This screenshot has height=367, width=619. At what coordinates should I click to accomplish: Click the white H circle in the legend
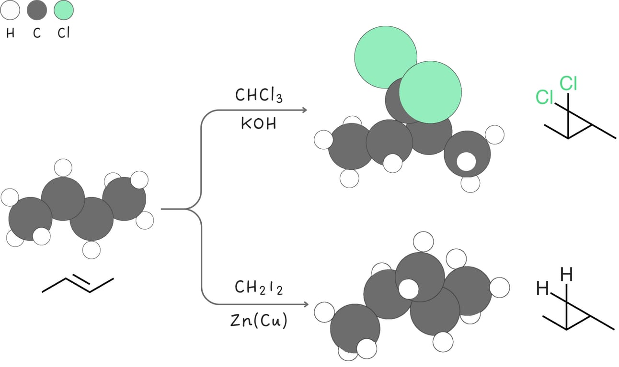point(11,11)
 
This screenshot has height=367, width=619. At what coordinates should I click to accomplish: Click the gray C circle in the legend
point(37,11)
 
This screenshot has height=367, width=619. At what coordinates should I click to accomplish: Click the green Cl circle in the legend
point(64,11)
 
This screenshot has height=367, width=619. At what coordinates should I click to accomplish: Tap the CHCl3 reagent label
point(259,96)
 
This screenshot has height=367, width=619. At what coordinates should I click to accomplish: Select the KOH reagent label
point(259,124)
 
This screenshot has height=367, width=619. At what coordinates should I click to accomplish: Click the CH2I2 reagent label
point(259,288)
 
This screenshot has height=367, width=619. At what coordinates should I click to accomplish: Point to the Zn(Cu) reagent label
point(259,321)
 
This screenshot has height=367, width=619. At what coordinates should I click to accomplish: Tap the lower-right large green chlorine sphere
point(430,92)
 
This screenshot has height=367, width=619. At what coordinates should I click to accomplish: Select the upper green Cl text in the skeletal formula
point(568,84)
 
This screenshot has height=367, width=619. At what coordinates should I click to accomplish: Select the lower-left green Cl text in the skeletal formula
point(544,97)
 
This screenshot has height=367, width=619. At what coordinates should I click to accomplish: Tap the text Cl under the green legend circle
point(64,34)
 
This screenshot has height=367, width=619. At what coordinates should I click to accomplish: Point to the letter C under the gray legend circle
point(37,34)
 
